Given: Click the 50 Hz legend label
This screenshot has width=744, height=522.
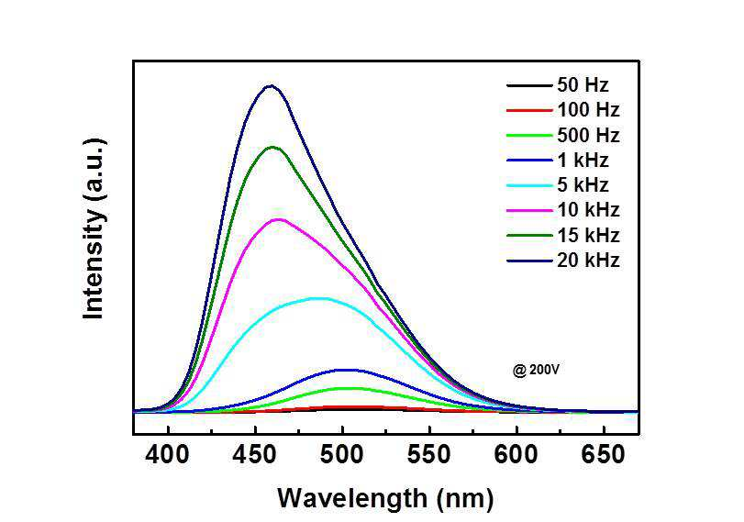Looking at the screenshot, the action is pyautogui.click(x=583, y=85).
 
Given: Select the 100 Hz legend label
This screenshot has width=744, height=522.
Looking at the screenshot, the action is pyautogui.click(x=588, y=110).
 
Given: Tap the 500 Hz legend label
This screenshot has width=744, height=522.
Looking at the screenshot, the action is pyautogui.click(x=588, y=135).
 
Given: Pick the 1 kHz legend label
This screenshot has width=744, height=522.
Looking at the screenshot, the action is pyautogui.click(x=583, y=161).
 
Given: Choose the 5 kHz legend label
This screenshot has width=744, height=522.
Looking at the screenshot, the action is pyautogui.click(x=583, y=185).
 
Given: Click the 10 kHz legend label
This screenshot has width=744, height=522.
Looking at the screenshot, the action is pyautogui.click(x=588, y=210).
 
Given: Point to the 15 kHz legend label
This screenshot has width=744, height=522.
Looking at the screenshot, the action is pyautogui.click(x=588, y=236).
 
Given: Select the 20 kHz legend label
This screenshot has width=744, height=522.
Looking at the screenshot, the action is pyautogui.click(x=588, y=261).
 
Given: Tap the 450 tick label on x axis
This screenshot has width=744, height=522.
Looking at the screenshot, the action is pyautogui.click(x=255, y=455).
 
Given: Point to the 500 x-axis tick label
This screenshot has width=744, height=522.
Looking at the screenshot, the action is pyautogui.click(x=341, y=455).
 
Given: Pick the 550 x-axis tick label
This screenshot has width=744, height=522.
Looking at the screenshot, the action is pyautogui.click(x=429, y=455).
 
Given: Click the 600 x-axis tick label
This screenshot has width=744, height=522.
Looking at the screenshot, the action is pyautogui.click(x=516, y=455).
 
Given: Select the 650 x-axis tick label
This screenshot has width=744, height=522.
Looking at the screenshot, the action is pyautogui.click(x=603, y=455).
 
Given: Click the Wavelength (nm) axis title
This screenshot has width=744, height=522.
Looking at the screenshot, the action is pyautogui.click(x=385, y=499).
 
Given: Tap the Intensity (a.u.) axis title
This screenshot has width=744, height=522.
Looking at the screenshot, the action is pyautogui.click(x=94, y=229).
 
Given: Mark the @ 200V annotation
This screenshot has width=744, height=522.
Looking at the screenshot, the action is pyautogui.click(x=536, y=370).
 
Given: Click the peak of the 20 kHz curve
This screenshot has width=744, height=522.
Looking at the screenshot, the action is pyautogui.click(x=270, y=86).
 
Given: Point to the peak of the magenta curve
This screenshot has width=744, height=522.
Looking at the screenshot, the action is pyautogui.click(x=279, y=219).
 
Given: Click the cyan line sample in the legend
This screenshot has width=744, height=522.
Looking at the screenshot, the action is pyautogui.click(x=529, y=185).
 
